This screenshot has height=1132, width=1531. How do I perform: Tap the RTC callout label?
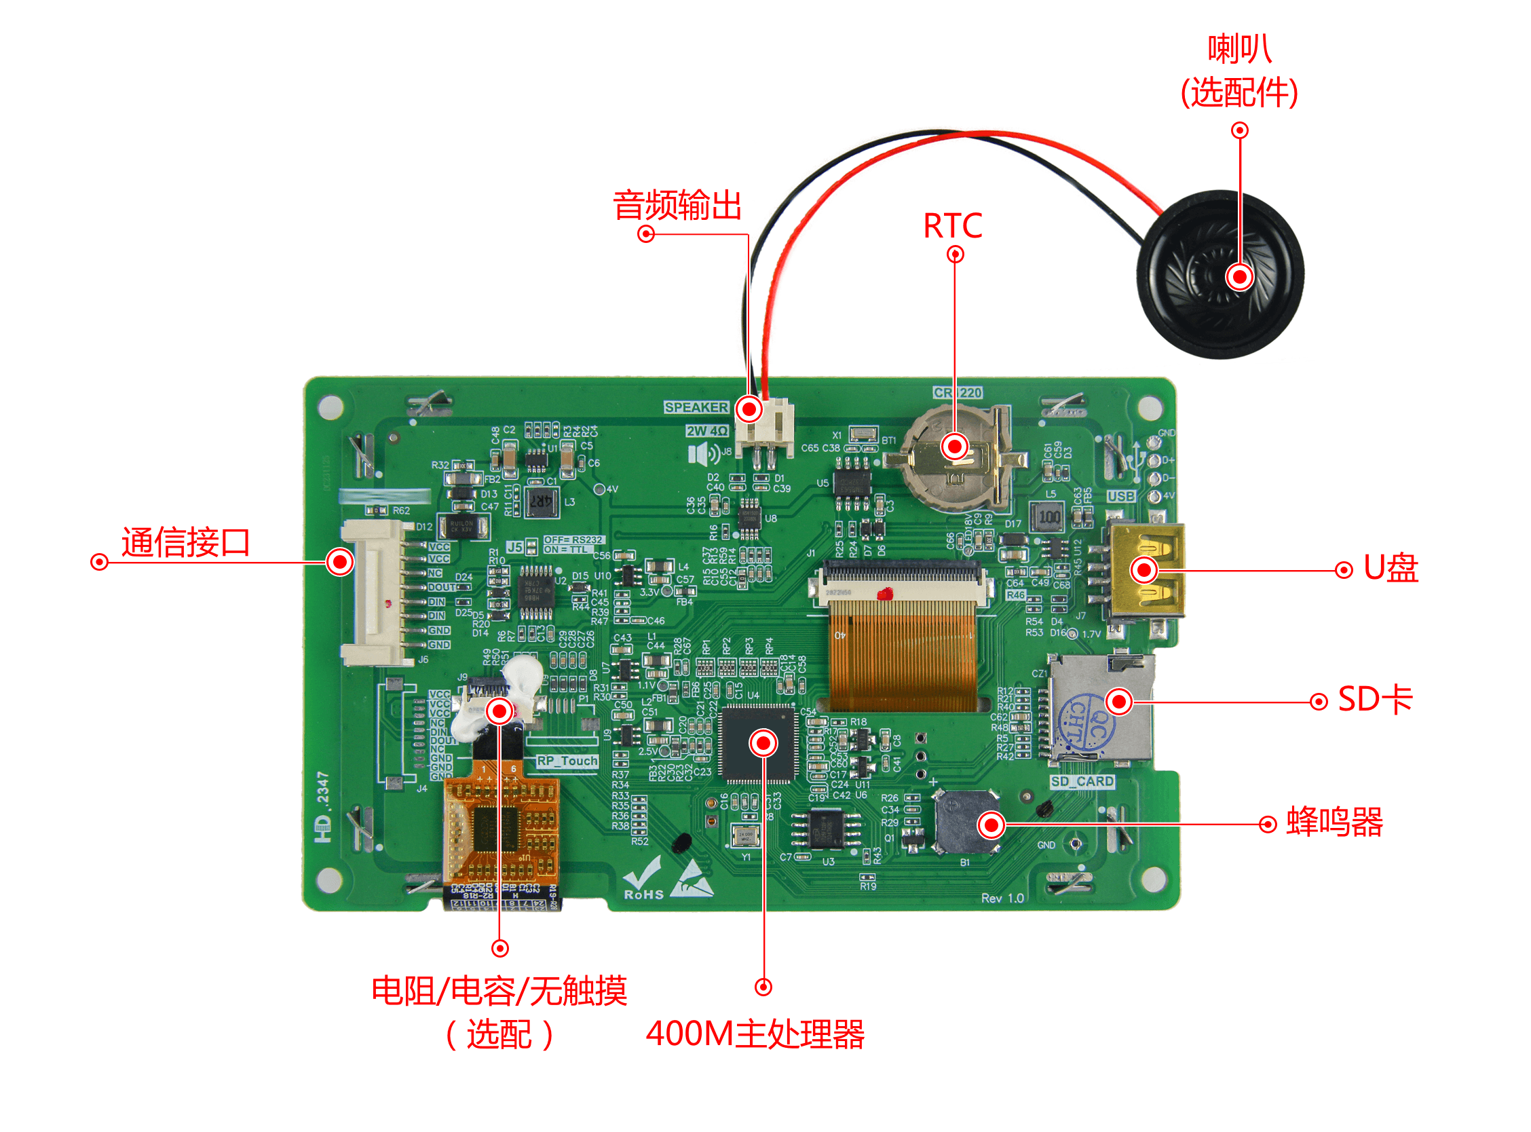(953, 225)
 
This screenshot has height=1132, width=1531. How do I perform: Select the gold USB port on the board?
(1145, 570)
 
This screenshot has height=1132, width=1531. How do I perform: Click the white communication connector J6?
(373, 592)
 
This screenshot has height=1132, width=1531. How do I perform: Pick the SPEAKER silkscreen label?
(696, 408)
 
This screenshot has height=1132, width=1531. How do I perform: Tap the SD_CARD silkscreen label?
(1082, 782)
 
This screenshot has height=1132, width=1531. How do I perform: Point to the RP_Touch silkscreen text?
(567, 761)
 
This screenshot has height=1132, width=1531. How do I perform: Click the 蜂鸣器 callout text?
(1334, 823)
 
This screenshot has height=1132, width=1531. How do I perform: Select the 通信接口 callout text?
(186, 543)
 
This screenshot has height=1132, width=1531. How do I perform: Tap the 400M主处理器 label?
(755, 1034)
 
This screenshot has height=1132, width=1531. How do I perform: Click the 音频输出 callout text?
(677, 206)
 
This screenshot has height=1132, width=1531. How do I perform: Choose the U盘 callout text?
(1391, 569)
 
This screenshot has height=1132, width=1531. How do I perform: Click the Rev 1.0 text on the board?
(1002, 899)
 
